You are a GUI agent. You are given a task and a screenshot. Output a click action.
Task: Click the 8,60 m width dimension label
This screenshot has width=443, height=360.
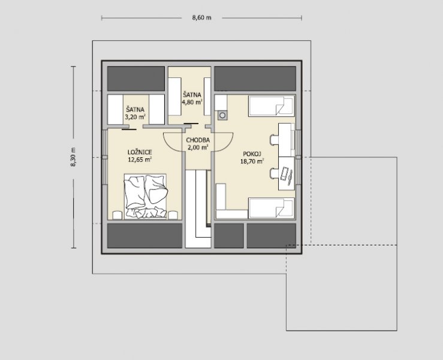pyautogui.click(x=202, y=18)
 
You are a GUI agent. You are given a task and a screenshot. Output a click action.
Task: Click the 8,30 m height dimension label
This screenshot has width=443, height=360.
pyautogui.click(x=74, y=157)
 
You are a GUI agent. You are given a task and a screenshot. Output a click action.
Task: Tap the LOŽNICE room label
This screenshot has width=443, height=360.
pyautogui.click(x=140, y=152)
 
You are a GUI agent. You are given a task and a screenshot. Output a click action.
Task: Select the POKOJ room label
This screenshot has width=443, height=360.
pyautogui.click(x=252, y=154)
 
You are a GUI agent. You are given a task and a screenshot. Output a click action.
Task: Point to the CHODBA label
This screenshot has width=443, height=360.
pyautogui.click(x=198, y=140)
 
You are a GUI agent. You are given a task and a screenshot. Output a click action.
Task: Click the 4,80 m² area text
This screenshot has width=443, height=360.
pyautogui.click(x=192, y=102)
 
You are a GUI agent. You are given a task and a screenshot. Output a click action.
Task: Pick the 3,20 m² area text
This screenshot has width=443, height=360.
pyautogui.click(x=135, y=116)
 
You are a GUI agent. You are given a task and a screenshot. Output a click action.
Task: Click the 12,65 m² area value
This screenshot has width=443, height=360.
pyautogui.click(x=140, y=160)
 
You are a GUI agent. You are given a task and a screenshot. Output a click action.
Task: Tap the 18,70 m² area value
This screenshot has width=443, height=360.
pyautogui.click(x=252, y=161)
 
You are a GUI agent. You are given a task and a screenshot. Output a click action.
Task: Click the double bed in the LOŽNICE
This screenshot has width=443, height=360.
pyautogui.click(x=145, y=197)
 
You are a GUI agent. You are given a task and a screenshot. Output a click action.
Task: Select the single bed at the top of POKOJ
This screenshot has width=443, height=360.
pyautogui.click(x=272, y=106)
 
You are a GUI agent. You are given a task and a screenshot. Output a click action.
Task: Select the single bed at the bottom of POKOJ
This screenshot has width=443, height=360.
pyautogui.click(x=272, y=208)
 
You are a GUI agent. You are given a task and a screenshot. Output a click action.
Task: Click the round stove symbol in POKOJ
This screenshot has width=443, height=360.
pyautogui.click(x=222, y=115)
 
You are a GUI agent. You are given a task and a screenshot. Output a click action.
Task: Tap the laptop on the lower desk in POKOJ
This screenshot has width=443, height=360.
pyautogui.click(x=287, y=175)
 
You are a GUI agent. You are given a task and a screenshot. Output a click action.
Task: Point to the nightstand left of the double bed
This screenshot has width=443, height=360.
pyautogui.click(x=117, y=215)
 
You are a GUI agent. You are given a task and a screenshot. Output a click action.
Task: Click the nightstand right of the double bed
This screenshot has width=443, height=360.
pyautogui.click(x=173, y=215)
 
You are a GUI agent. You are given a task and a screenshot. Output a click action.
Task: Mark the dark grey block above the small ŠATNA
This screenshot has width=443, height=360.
pyautogui.click(x=136, y=79)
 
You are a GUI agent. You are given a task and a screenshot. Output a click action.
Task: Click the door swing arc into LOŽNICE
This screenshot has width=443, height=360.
pyautogui.click(x=170, y=144)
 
